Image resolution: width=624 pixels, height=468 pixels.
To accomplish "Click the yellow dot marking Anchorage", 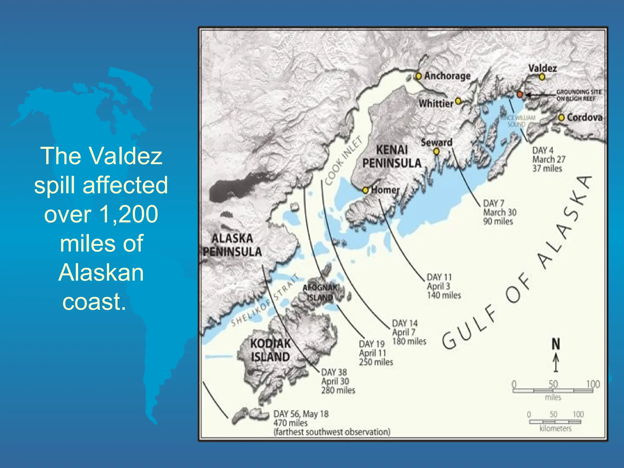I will pos(419,76).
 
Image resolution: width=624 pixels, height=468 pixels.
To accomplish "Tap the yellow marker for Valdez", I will pos(542,77).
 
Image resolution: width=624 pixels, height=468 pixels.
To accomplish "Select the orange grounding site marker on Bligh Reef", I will pos(520,94).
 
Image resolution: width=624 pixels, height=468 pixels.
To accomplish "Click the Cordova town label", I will pos(584,118).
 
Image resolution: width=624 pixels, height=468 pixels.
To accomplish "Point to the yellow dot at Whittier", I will pos(458,101).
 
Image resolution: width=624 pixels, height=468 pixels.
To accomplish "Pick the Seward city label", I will pos(436,142).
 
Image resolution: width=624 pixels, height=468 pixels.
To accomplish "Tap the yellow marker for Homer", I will pos(365,190).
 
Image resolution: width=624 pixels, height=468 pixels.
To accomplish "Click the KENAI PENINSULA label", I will pos(392,157).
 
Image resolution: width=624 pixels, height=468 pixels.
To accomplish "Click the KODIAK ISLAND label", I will pos(270,350).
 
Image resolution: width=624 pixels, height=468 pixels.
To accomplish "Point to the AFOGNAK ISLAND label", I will pos(320,292).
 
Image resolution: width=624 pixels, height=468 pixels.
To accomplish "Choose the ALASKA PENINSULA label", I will pos(232,245).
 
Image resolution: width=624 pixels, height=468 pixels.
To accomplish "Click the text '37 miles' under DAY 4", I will pos(547,168).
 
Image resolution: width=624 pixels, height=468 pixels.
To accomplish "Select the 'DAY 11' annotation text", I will pos(439,277).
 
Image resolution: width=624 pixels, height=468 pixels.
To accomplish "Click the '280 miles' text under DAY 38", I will pos(338,390).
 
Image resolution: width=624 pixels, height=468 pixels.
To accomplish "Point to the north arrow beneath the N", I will pos(556,363).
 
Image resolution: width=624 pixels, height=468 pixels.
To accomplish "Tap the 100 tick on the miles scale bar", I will pos(593,384).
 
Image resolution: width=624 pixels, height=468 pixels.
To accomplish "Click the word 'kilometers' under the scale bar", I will pos(555,429).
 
